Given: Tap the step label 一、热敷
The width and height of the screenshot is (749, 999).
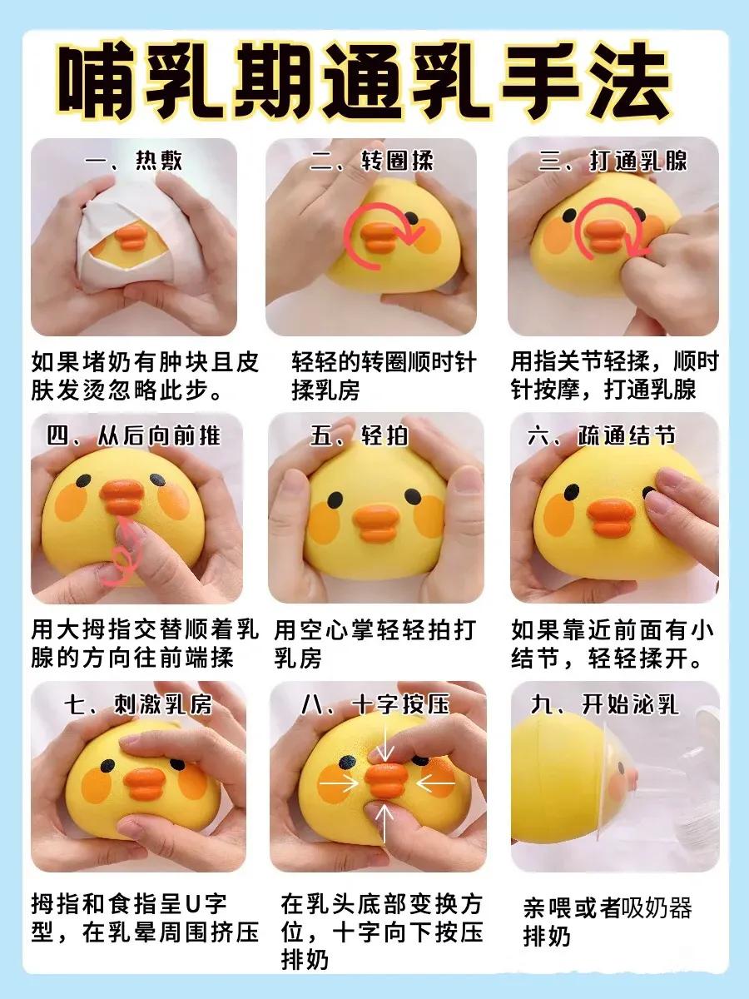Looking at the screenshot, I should [x=134, y=161].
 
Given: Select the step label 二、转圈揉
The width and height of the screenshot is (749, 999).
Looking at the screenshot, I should [x=372, y=161].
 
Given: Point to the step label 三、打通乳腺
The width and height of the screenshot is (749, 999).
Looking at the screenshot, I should [x=613, y=161].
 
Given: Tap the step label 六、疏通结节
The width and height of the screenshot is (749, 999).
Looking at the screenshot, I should [x=613, y=436].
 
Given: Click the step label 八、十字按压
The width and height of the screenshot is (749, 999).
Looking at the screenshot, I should [x=374, y=705].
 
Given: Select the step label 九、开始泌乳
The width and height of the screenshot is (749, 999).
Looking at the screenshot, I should [x=605, y=705].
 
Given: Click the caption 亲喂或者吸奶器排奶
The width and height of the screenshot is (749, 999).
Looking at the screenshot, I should [x=608, y=921].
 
